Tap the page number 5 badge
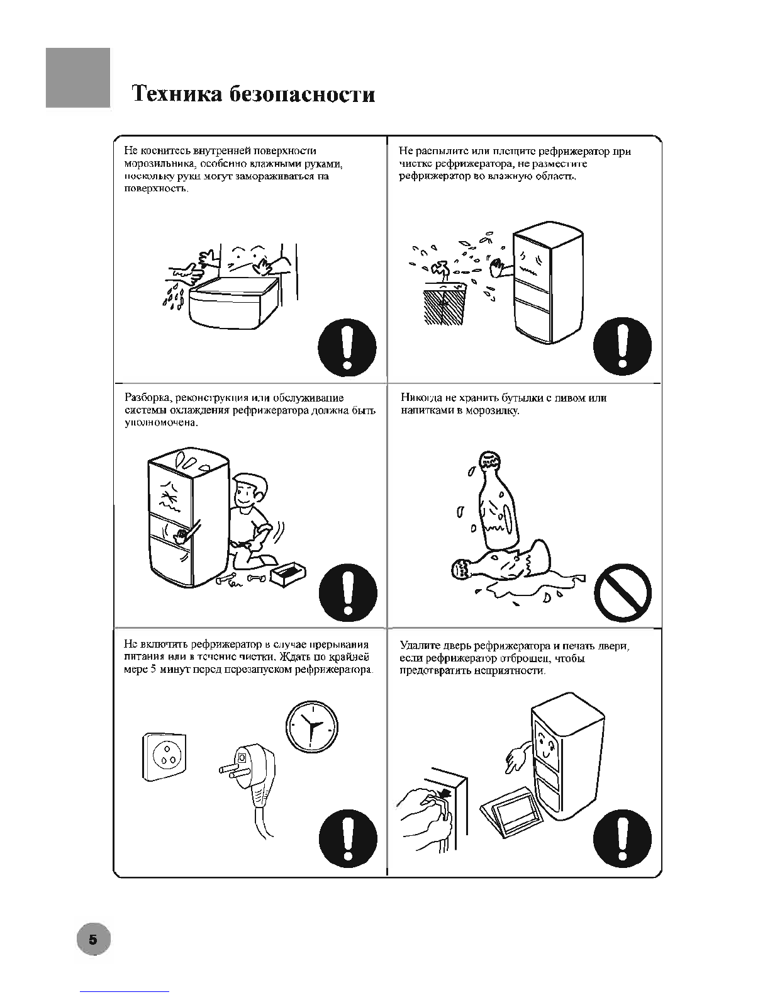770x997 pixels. click(93, 940)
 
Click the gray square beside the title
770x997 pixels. click(78, 77)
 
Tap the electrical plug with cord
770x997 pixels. click(252, 780)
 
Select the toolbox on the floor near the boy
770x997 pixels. click(288, 572)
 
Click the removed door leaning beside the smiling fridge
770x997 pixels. click(511, 812)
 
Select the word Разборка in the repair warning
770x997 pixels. click(147, 398)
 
